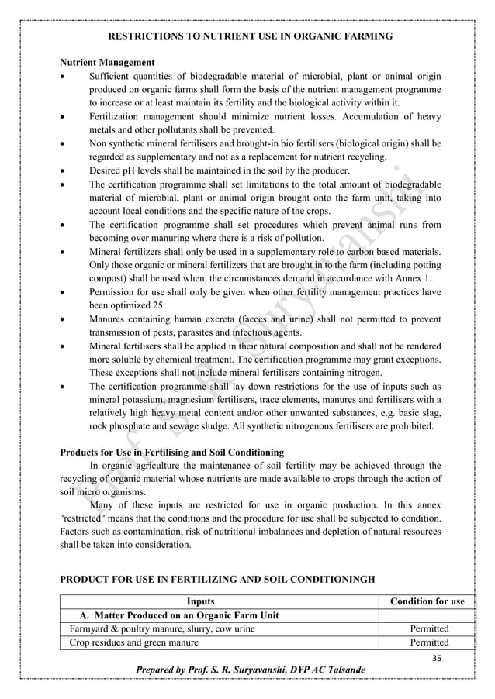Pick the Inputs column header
pyautogui.click(x=202, y=601)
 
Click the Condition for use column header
pyautogui.click(x=427, y=601)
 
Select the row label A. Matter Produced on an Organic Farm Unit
pyautogui.click(x=175, y=615)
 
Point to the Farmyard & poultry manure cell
pyautogui.click(x=161, y=628)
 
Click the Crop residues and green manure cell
pyautogui.click(x=133, y=642)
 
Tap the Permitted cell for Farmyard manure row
pyautogui.click(x=429, y=628)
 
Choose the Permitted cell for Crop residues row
pyautogui.click(x=429, y=642)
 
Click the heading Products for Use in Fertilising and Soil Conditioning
pyautogui.click(x=171, y=453)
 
